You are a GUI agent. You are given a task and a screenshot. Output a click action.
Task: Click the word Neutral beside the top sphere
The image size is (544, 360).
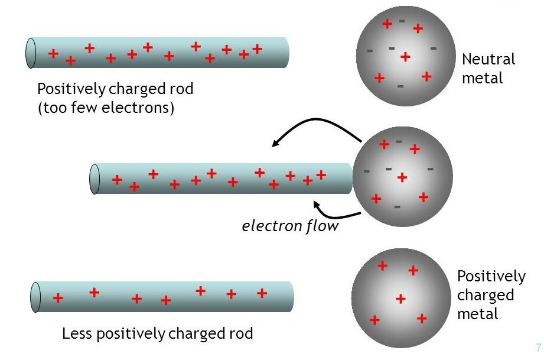click(x=488, y=60)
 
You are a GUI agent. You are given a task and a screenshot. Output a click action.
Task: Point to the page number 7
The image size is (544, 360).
click(x=538, y=348)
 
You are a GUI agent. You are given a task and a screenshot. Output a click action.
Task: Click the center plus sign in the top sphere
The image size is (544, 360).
click(x=405, y=57)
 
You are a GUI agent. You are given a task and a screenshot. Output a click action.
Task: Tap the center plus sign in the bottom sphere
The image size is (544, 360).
click(x=400, y=299)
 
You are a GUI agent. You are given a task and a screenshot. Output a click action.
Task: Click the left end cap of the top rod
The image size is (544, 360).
click(x=31, y=53)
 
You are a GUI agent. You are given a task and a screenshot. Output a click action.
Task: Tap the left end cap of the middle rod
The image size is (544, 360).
click(x=95, y=179)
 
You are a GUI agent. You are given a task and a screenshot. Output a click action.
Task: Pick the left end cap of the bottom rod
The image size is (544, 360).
click(x=35, y=297)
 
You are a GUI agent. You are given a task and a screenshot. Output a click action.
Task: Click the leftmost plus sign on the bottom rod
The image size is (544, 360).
click(x=58, y=298)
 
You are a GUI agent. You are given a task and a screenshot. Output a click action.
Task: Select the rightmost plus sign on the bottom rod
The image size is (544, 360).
click(x=262, y=293)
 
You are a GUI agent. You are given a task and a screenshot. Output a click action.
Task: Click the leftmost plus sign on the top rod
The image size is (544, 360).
click(x=53, y=54)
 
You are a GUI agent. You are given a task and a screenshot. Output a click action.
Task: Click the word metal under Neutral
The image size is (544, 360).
click(x=482, y=78)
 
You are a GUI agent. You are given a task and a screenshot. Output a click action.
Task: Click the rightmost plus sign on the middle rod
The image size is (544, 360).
click(x=321, y=175)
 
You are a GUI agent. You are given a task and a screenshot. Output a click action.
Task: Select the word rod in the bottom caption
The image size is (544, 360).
click(x=240, y=333)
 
